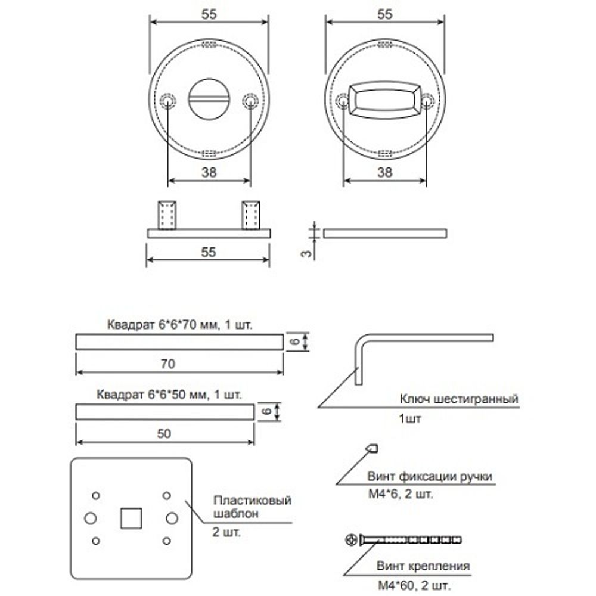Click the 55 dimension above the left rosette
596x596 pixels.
click(209, 15)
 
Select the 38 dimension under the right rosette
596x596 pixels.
click(385, 173)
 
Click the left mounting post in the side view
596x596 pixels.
click(166, 215)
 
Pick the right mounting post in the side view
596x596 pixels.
click(250, 215)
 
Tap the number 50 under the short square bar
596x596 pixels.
click(164, 434)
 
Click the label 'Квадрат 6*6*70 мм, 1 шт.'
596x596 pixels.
click(180, 325)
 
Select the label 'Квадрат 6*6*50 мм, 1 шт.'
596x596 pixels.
click(169, 395)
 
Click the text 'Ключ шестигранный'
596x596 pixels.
click(458, 399)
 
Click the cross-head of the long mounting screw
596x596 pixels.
click(351, 540)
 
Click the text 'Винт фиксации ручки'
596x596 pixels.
click(429, 477)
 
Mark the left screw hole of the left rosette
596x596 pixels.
click(167, 102)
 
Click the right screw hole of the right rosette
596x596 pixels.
click(427, 102)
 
